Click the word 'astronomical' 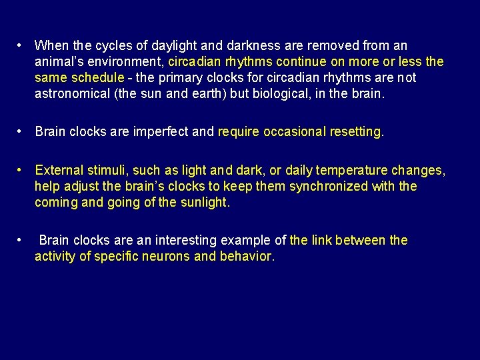pyautogui.click(x=73, y=94)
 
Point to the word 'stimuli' pyautogui.click(x=109, y=171)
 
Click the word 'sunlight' pyautogui.click(x=203, y=203)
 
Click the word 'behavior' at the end pyautogui.click(x=246, y=257)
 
